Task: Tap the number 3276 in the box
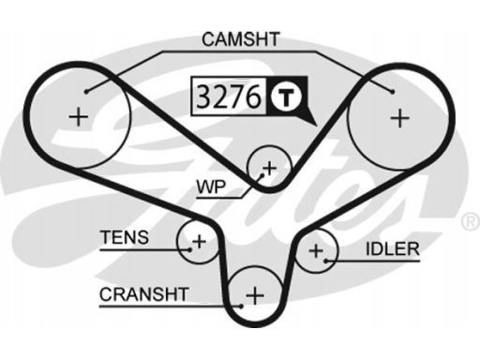230,96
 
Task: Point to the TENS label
124,238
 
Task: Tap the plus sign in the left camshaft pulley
79,117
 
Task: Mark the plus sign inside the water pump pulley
269,169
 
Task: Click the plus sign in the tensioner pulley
198,242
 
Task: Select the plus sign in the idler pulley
317,250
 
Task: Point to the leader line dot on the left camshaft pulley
86,91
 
